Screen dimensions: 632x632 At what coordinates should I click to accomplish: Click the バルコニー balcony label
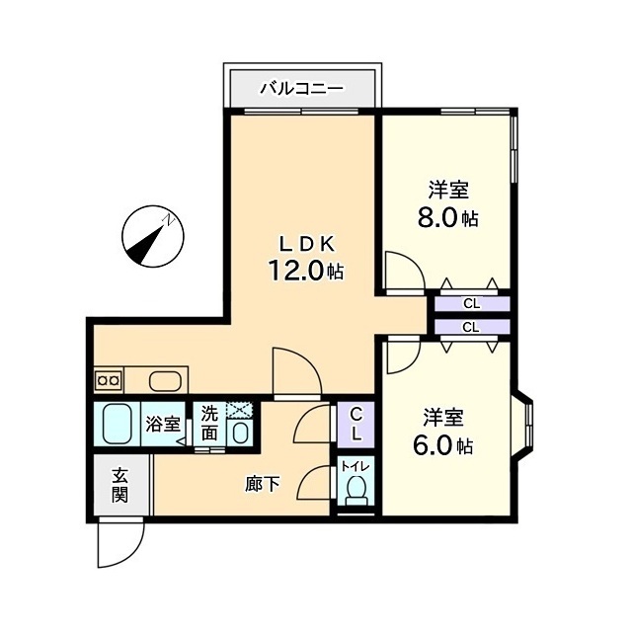click(302, 88)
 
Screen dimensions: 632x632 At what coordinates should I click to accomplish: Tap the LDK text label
click(307, 244)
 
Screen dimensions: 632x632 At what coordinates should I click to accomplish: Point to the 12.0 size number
click(296, 270)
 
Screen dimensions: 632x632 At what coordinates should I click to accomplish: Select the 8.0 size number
click(438, 218)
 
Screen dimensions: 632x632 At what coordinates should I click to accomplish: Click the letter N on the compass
click(168, 220)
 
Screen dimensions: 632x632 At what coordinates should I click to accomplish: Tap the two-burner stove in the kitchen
click(109, 379)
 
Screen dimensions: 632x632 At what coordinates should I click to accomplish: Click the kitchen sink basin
click(165, 381)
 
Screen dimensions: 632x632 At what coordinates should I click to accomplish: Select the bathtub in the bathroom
click(118, 424)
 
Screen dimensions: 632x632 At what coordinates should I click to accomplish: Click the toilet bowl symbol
click(355, 489)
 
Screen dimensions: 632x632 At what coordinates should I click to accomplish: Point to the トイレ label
click(355, 467)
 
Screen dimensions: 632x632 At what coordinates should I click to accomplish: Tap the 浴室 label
click(162, 424)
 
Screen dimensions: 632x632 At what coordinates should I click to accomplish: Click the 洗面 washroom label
click(209, 423)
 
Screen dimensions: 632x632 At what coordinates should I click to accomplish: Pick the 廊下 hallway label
click(263, 484)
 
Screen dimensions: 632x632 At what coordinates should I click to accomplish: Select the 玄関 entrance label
click(119, 486)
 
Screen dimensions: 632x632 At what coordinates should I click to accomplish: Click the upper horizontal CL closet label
click(472, 304)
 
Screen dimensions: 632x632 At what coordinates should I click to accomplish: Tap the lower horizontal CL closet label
click(471, 327)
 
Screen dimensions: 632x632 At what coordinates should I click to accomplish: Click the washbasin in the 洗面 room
click(241, 433)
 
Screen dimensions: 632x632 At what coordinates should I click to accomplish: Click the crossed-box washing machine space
click(239, 411)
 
